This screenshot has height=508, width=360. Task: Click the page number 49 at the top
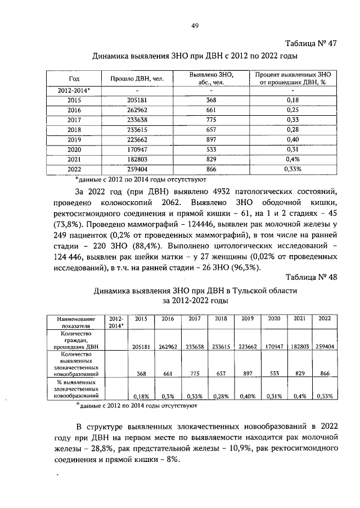tap(195, 25)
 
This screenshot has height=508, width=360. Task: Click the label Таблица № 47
tap(311, 44)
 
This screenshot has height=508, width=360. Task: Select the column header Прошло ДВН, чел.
tap(137, 79)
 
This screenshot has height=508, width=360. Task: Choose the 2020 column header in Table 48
tap(274, 319)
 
